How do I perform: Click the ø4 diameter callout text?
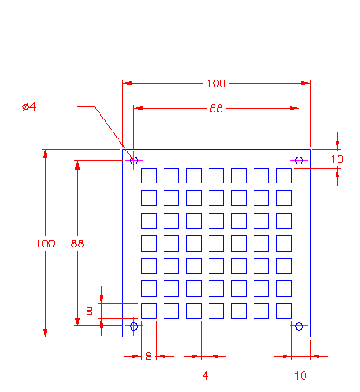(x=29, y=106)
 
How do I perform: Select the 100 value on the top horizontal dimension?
(x=216, y=84)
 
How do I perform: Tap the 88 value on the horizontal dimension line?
(x=216, y=108)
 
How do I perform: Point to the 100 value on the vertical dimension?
(x=45, y=244)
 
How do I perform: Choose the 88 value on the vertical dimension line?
(x=77, y=244)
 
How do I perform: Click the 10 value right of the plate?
(x=337, y=159)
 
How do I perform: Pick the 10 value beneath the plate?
(x=300, y=376)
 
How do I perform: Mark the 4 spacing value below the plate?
(x=205, y=376)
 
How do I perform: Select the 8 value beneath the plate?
(x=149, y=357)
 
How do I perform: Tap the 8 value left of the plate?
(x=89, y=311)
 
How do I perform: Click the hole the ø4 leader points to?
(x=133, y=160)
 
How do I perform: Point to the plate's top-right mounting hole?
(x=299, y=160)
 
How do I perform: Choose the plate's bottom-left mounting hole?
(x=133, y=326)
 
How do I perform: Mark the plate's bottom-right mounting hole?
(x=299, y=326)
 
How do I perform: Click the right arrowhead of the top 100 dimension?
(x=305, y=83)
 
